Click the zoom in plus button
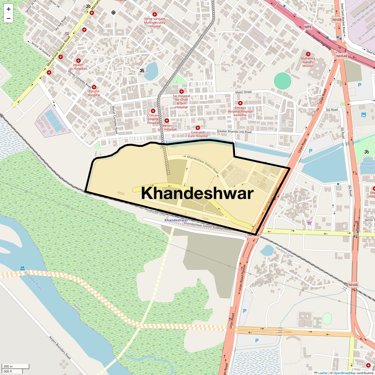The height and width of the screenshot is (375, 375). (8, 9)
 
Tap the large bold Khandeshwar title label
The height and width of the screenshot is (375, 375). (197, 193)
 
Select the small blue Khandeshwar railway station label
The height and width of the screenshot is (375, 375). (176, 220)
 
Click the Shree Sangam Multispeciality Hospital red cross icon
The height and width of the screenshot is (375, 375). (154, 14)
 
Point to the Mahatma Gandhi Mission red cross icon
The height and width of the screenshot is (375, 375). (308, 54)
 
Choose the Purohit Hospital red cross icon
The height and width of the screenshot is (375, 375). (94, 87)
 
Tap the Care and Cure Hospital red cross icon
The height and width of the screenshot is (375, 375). (197, 128)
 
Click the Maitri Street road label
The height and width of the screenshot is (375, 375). (243, 92)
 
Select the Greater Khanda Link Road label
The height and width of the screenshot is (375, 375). (234, 132)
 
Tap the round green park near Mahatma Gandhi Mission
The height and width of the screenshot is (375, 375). (282, 81)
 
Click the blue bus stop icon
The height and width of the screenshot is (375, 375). (363, 115)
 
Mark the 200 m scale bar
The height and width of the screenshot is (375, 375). (16, 367)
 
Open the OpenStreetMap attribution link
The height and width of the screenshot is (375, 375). (344, 373)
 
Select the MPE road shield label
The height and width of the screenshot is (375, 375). (308, 27)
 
